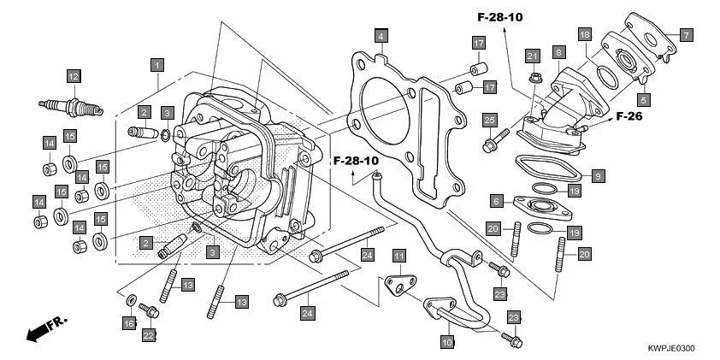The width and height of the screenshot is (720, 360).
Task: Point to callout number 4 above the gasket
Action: pyautogui.click(x=381, y=36)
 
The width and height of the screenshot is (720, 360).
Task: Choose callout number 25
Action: pyautogui.click(x=489, y=119)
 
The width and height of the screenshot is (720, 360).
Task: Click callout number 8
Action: pyautogui.click(x=558, y=53)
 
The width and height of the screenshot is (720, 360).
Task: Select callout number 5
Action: pyautogui.click(x=642, y=99)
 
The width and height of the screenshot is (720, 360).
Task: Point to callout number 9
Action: pyautogui.click(x=599, y=176)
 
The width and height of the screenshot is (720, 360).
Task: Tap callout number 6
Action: pyautogui.click(x=495, y=201)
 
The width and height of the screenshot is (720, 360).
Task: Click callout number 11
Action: pyautogui.click(x=398, y=256)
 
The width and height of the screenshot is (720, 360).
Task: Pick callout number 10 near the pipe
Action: pyautogui.click(x=446, y=341)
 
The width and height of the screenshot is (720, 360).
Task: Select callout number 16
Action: pyautogui.click(x=129, y=324)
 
